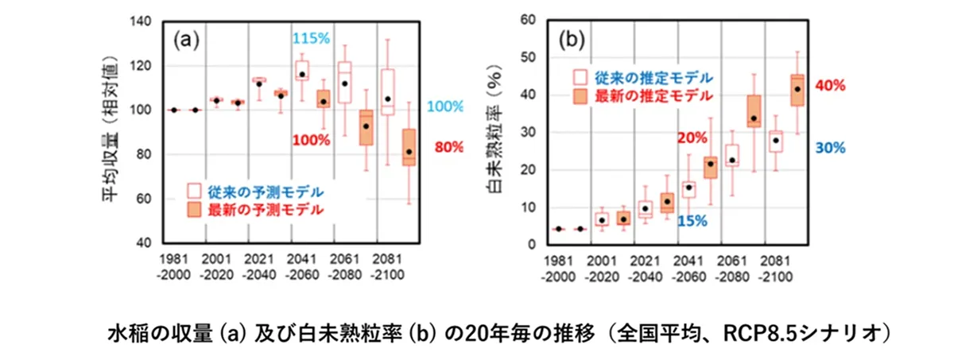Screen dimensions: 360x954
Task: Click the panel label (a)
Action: tap(183, 40)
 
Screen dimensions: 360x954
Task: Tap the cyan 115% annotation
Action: tap(312, 38)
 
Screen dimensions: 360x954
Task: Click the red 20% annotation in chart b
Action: tap(691, 137)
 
